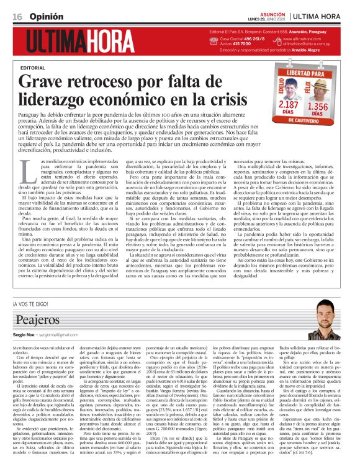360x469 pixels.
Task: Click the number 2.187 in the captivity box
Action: pyautogui.click(x=288, y=105)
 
